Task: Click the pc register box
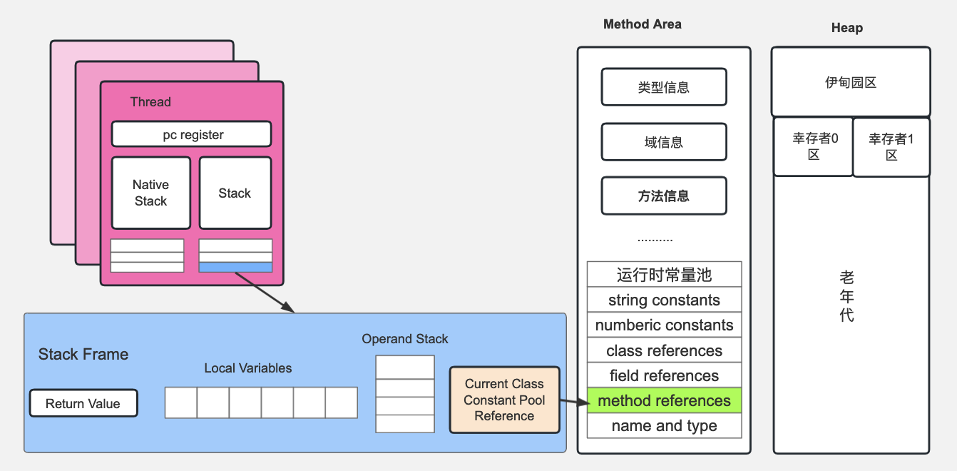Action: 191,134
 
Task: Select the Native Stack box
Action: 150,193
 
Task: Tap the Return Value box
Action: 83,403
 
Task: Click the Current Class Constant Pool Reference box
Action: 504,400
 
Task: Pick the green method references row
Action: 664,400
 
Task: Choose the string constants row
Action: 664,300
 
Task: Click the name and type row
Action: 664,426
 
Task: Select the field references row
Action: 664,375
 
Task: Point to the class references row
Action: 664,350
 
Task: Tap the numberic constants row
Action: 664,325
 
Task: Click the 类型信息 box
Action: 663,87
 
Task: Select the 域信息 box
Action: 663,142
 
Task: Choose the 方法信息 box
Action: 663,196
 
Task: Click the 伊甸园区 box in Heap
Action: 850,82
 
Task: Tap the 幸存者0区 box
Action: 813,146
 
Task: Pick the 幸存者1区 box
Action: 891,146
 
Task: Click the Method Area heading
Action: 642,24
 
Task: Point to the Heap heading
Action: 846,28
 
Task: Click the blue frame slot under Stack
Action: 235,267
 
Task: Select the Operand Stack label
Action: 404,339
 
